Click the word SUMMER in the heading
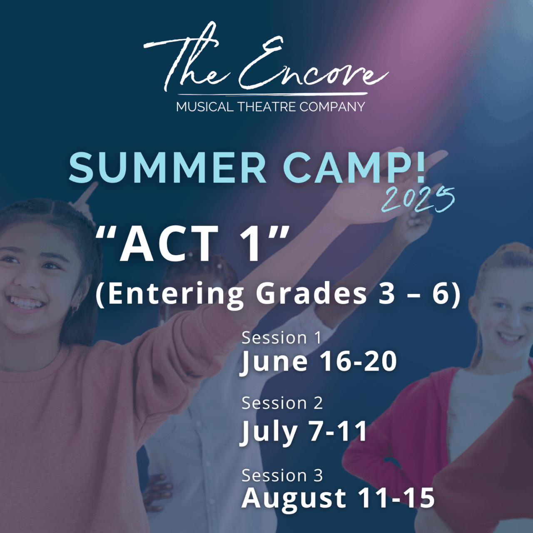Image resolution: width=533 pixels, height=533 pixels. click(167, 167)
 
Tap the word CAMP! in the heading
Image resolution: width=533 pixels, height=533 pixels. click(355, 167)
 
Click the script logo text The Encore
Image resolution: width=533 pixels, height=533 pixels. click(266, 62)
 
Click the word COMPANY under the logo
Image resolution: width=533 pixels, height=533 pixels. click(332, 107)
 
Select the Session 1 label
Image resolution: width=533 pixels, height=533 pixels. click(282, 338)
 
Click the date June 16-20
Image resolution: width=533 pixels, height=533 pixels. click(319, 361)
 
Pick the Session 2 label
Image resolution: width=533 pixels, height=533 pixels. click(282, 403)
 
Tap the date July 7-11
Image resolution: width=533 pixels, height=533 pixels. click(304, 431)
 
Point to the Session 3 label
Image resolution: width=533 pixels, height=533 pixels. click(282, 475)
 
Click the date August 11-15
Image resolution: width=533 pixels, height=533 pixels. click(338, 498)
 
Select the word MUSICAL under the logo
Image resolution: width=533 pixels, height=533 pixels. click(204, 107)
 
